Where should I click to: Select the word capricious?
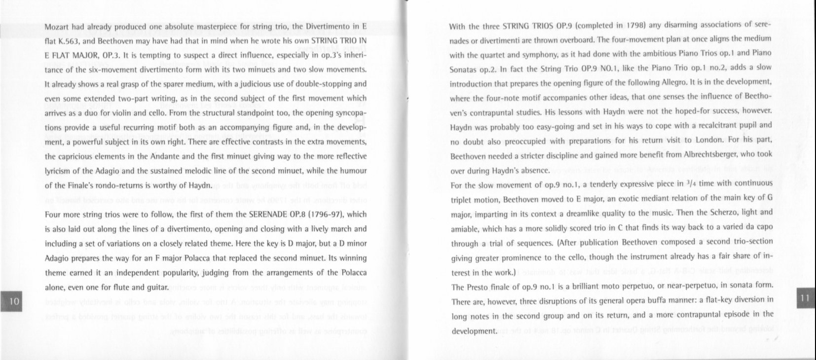(76, 157)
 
